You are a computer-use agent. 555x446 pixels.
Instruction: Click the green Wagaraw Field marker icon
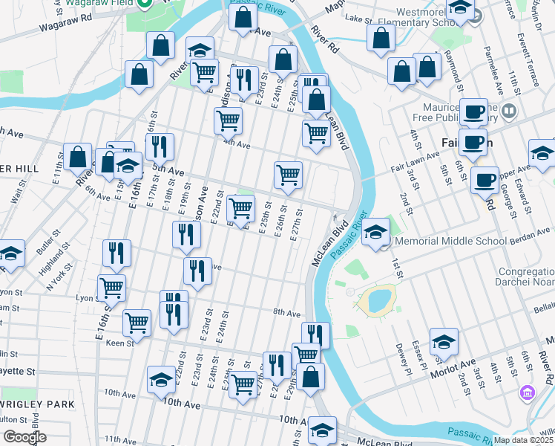pyautogui.click(x=146, y=4)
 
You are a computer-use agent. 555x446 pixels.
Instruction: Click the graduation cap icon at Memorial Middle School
pyautogui.click(x=376, y=232)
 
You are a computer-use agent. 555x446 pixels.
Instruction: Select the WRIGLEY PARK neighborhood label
pyautogui.click(x=37, y=404)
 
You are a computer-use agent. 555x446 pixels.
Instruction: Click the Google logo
pyautogui.click(x=24, y=437)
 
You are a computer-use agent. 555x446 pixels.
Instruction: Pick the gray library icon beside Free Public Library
pyautogui.click(x=509, y=112)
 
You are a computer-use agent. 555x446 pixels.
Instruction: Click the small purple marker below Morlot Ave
pyautogui.click(x=527, y=392)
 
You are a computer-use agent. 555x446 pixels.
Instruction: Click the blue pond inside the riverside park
pyautogui.click(x=375, y=301)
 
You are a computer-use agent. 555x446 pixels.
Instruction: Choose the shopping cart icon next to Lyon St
pyautogui.click(x=111, y=286)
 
